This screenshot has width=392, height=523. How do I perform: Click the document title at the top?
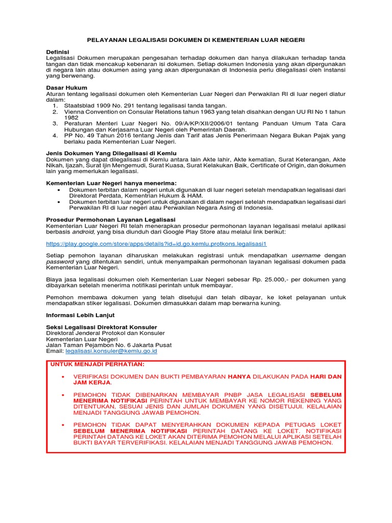tap(195, 39)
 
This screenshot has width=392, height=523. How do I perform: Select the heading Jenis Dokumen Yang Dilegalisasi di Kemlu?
tap(111, 153)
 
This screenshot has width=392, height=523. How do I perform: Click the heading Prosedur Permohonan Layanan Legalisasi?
tap(111, 220)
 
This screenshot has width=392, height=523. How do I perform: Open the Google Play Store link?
tap(156, 244)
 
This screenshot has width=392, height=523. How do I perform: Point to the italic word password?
tap(60, 261)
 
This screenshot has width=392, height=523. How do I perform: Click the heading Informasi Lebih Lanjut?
tap(80, 315)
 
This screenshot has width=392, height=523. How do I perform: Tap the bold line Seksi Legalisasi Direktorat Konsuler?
tap(102, 327)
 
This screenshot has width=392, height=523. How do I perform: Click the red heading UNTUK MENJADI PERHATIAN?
tap(97, 364)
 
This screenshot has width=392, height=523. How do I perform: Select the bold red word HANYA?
tap(239, 376)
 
